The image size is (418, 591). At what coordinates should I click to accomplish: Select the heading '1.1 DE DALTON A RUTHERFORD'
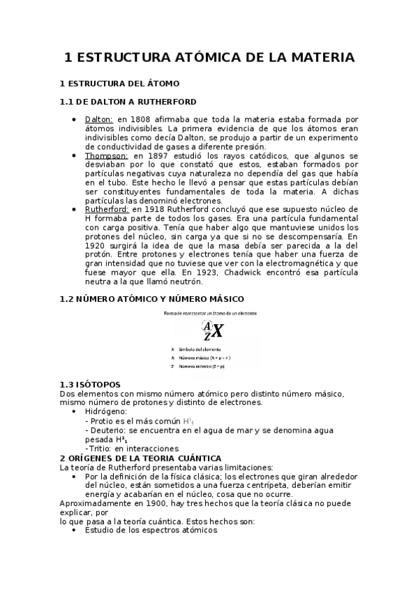point(128,102)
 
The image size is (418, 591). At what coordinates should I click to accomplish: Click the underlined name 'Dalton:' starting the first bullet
point(98,119)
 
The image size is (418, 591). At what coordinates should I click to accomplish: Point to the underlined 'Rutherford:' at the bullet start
point(106,209)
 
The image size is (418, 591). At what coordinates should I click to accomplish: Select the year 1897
point(162,155)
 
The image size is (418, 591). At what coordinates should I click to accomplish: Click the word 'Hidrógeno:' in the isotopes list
point(106,412)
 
